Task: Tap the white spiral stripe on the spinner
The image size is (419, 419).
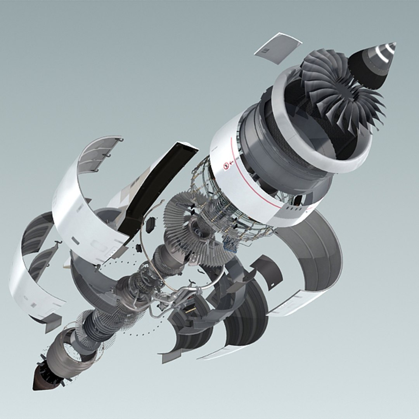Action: coord(384,54)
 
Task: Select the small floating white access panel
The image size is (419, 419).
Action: coord(278,48)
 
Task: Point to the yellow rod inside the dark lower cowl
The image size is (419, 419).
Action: coord(190,310)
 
